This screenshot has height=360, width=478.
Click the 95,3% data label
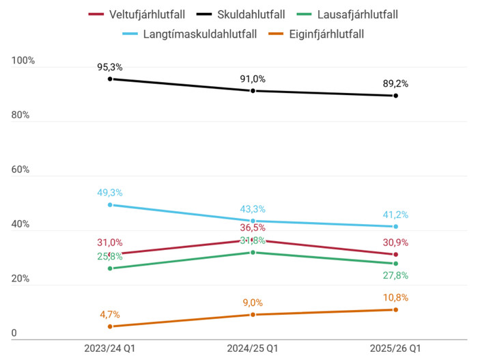coord(109,67)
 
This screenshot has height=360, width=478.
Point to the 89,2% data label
coord(395,83)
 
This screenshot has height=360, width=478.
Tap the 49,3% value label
coord(109,193)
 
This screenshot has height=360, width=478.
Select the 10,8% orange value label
coord(395,298)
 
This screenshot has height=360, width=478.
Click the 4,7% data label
coord(109,315)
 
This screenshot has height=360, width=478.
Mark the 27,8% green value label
coord(395,275)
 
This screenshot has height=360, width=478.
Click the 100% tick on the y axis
coord(23,61)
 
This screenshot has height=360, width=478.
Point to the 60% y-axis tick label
coord(20,170)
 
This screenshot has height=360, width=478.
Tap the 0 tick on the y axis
coord(14,333)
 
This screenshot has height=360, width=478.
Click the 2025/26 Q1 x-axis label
coord(395,348)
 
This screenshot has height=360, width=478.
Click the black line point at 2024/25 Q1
coord(253,91)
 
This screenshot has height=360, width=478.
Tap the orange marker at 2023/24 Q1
coord(109,327)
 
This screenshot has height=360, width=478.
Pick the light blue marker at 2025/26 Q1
coord(395,226)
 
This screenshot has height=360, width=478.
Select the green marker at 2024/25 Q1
coord(253,252)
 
